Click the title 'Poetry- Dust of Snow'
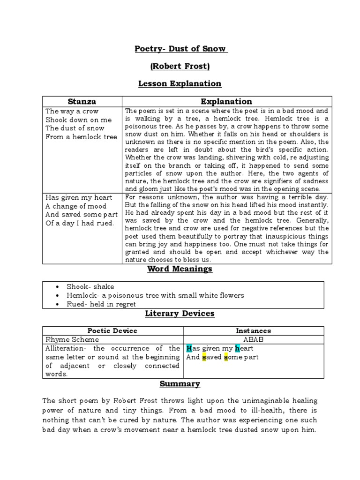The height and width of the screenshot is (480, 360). click(x=180, y=49)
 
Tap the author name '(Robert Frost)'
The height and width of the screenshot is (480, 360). click(x=180, y=67)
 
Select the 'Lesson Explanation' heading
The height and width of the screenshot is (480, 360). click(x=180, y=84)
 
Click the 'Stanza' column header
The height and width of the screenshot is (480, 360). click(x=82, y=101)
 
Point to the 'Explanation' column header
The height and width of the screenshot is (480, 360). click(x=226, y=101)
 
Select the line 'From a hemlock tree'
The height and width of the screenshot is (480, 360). click(x=81, y=137)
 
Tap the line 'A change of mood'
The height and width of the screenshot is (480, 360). click(x=76, y=206)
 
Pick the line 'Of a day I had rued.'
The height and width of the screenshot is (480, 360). click(x=80, y=223)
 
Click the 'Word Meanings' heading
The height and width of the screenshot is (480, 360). click(x=180, y=269)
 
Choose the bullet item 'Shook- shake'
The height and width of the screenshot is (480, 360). click(x=90, y=286)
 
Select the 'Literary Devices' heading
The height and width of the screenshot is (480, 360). click(x=180, y=313)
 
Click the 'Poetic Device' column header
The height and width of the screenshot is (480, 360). click(x=112, y=331)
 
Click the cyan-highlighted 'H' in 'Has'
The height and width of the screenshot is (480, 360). click(x=189, y=348)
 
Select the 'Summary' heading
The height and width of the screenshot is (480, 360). click(x=180, y=384)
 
